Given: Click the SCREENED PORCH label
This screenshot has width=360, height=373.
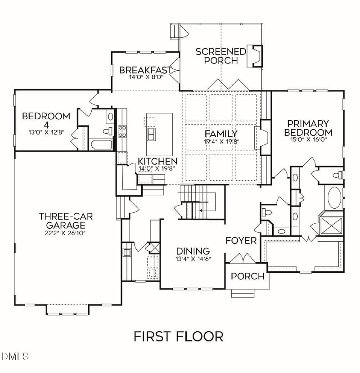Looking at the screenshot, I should point(220,56).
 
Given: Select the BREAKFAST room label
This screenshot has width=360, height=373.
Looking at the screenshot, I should point(145,70).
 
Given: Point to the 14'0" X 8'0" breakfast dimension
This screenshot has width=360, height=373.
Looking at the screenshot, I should point(145,77).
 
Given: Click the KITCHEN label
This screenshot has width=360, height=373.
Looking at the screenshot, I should point(157,161).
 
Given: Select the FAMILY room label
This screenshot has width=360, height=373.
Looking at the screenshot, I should point(220,134).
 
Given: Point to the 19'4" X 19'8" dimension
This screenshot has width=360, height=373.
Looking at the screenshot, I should point(220,141).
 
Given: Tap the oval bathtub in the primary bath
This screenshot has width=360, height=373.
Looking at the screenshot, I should point(334,198).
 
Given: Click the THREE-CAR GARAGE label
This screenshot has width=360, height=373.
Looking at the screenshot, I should point(66,220).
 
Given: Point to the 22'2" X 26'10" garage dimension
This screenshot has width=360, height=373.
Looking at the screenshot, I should point(66,233).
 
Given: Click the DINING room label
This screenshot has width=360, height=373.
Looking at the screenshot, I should point(193,251).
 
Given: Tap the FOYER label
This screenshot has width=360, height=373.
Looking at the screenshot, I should point(241,240).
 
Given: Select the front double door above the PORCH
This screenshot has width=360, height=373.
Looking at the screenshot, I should point(243,260).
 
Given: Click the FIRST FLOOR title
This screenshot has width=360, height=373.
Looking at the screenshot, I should point(178,336).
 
